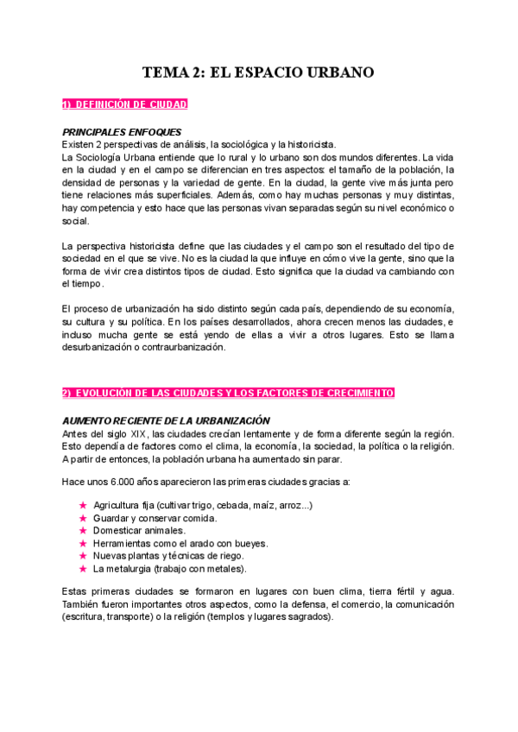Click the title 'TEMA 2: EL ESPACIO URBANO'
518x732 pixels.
258,73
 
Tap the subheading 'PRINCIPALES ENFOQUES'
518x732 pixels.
122,132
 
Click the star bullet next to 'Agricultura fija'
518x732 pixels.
83,505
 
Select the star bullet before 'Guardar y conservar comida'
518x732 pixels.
83,518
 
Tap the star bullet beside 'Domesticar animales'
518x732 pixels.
83,530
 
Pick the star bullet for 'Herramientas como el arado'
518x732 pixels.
83,543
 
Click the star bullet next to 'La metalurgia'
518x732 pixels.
83,569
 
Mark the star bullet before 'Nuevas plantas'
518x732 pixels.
83,556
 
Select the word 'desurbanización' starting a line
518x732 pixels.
97,347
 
